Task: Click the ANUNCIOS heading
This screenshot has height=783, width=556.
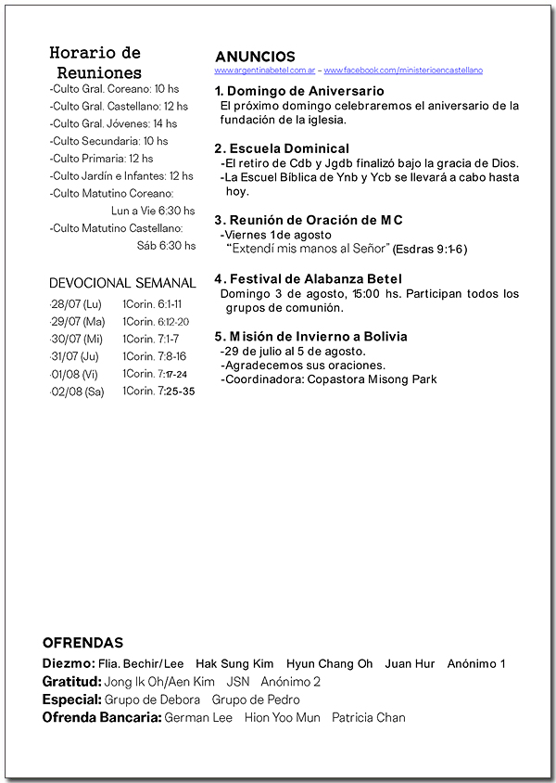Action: tap(255, 57)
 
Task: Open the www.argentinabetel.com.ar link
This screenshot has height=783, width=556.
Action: tap(266, 71)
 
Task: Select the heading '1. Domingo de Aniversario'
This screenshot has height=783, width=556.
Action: tap(299, 92)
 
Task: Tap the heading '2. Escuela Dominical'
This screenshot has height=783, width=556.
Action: tap(282, 148)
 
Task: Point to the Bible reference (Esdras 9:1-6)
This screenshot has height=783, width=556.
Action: tap(430, 250)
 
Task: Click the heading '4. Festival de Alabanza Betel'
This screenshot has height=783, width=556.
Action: tap(308, 279)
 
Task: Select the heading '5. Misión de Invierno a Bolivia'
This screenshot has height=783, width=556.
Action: tap(310, 337)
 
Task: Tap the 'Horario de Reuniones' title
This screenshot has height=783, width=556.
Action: tap(95, 62)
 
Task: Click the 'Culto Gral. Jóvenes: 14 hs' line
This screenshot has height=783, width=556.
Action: tap(113, 123)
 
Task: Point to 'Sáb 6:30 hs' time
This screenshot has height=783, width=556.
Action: tap(166, 246)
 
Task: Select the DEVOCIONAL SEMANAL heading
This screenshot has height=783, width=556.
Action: tap(122, 283)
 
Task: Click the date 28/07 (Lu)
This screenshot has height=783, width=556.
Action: tap(77, 304)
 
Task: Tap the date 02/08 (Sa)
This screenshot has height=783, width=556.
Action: tap(78, 391)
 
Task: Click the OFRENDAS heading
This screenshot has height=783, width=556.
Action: tap(82, 643)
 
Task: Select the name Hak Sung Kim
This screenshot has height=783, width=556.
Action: tap(234, 664)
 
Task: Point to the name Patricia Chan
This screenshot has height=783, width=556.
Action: tap(368, 718)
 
